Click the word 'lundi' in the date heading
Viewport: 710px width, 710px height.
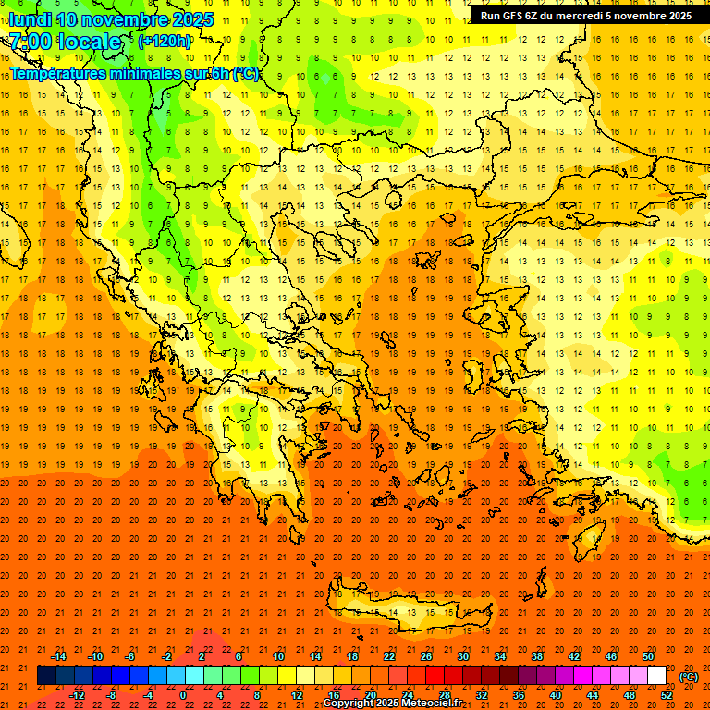click(29, 19)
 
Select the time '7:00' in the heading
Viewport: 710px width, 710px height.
click(30, 42)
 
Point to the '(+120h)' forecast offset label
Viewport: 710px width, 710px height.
click(165, 42)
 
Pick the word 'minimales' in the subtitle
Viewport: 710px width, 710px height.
click(152, 73)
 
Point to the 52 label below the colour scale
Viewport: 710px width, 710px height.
click(667, 695)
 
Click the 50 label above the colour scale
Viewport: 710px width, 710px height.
click(648, 657)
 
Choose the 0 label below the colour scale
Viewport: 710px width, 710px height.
click(183, 695)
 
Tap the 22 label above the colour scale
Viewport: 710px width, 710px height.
click(389, 657)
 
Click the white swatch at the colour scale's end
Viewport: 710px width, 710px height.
click(656, 676)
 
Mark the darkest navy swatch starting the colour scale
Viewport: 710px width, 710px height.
click(46, 676)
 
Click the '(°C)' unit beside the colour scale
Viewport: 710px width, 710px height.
click(689, 677)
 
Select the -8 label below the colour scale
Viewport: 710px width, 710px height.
click(112, 695)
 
